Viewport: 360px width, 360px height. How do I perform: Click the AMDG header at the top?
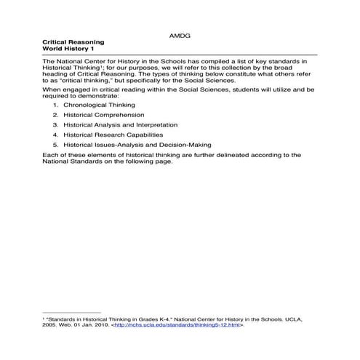click(x=180, y=34)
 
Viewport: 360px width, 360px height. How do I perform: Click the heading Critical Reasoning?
click(x=71, y=43)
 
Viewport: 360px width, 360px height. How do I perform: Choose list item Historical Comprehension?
click(x=103, y=115)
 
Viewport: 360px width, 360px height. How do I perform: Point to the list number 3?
click(x=55, y=125)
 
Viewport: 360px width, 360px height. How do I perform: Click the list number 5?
click(x=55, y=145)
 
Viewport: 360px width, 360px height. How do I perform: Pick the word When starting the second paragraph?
click(x=52, y=89)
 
